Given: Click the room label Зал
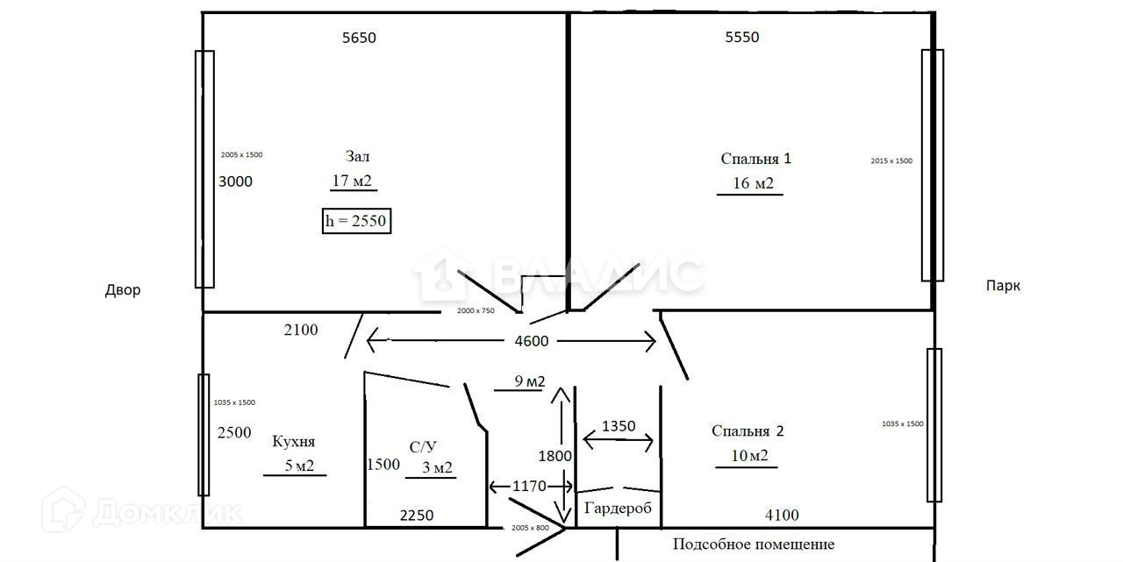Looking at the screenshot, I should point(357,156).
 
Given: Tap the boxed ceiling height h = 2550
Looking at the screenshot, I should point(356,221).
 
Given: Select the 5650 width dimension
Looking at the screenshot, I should point(359,37).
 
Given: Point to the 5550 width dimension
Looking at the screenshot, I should point(742,37).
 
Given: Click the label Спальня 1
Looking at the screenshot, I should point(755,159).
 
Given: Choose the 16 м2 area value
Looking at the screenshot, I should point(753,183).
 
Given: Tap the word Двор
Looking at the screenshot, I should point(122,290).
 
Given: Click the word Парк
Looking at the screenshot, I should point(1003,286).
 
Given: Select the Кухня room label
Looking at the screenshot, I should point(293,441).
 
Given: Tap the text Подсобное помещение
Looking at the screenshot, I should point(754,544).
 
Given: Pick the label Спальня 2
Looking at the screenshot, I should point(747,430).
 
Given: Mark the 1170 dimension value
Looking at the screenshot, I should point(531,486).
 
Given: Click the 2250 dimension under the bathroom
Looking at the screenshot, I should point(417,516).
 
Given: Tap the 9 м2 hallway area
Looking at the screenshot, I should point(529,381).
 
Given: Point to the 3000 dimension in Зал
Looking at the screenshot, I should point(235,181).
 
